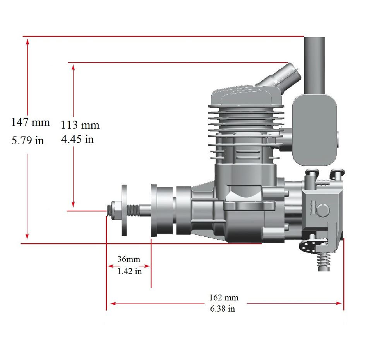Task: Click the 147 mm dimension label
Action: click(31, 123)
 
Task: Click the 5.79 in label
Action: click(27, 141)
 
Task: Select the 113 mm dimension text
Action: click(80, 125)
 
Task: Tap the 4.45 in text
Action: click(77, 139)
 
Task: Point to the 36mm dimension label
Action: click(129, 259)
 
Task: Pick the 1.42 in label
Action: click(129, 271)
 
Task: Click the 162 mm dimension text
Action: click(224, 297)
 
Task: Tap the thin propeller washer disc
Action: click(124, 210)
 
